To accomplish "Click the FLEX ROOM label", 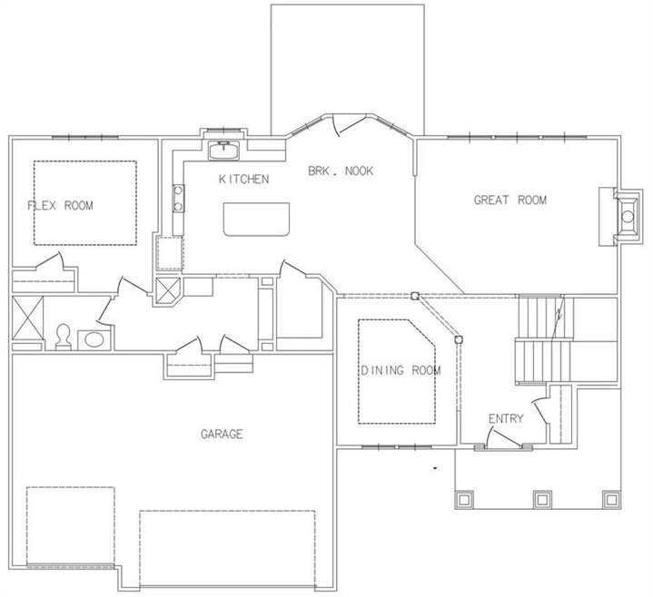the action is (60, 206).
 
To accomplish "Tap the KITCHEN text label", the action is (244, 180).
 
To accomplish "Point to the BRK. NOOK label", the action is (341, 171).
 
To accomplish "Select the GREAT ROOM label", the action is (510, 201).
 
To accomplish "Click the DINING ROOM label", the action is (401, 370).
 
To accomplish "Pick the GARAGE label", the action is (222, 435).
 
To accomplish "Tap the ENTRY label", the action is (506, 418).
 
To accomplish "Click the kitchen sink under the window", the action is (223, 151).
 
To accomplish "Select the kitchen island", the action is (256, 220).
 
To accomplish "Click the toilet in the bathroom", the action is (64, 337).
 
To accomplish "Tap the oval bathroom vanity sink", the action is (94, 340).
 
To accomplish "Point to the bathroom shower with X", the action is (27, 318).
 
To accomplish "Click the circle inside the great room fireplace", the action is (628, 216).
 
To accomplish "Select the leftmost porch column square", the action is (465, 499).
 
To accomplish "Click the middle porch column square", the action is (542, 499).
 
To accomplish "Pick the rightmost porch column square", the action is (611, 499).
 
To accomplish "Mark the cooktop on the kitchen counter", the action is (179, 199).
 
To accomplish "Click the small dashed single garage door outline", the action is (70, 526).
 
